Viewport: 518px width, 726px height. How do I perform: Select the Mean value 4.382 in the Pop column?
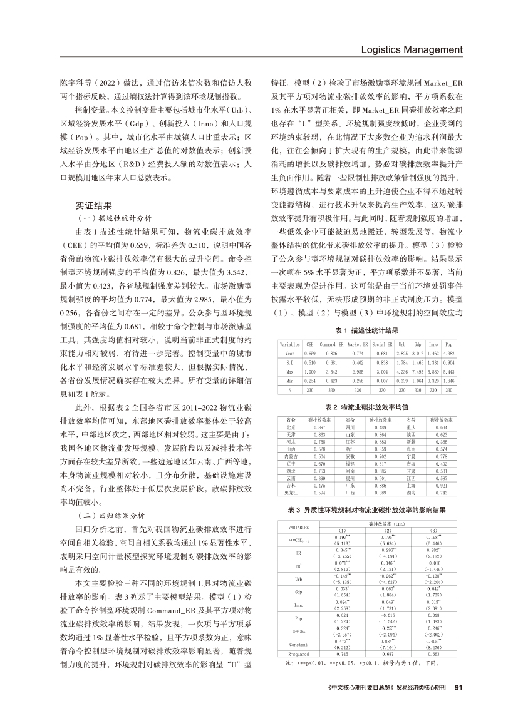(x=448, y=353)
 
